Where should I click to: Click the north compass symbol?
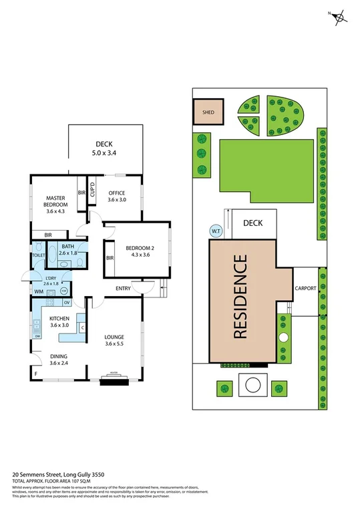point(341,18)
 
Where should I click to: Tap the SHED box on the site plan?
point(208,112)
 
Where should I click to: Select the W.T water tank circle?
point(216,231)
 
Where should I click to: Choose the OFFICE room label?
point(117,194)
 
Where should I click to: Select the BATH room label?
point(67,247)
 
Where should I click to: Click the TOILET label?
point(38,255)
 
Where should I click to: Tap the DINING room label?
point(58,357)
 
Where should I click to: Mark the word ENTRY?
point(123,288)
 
